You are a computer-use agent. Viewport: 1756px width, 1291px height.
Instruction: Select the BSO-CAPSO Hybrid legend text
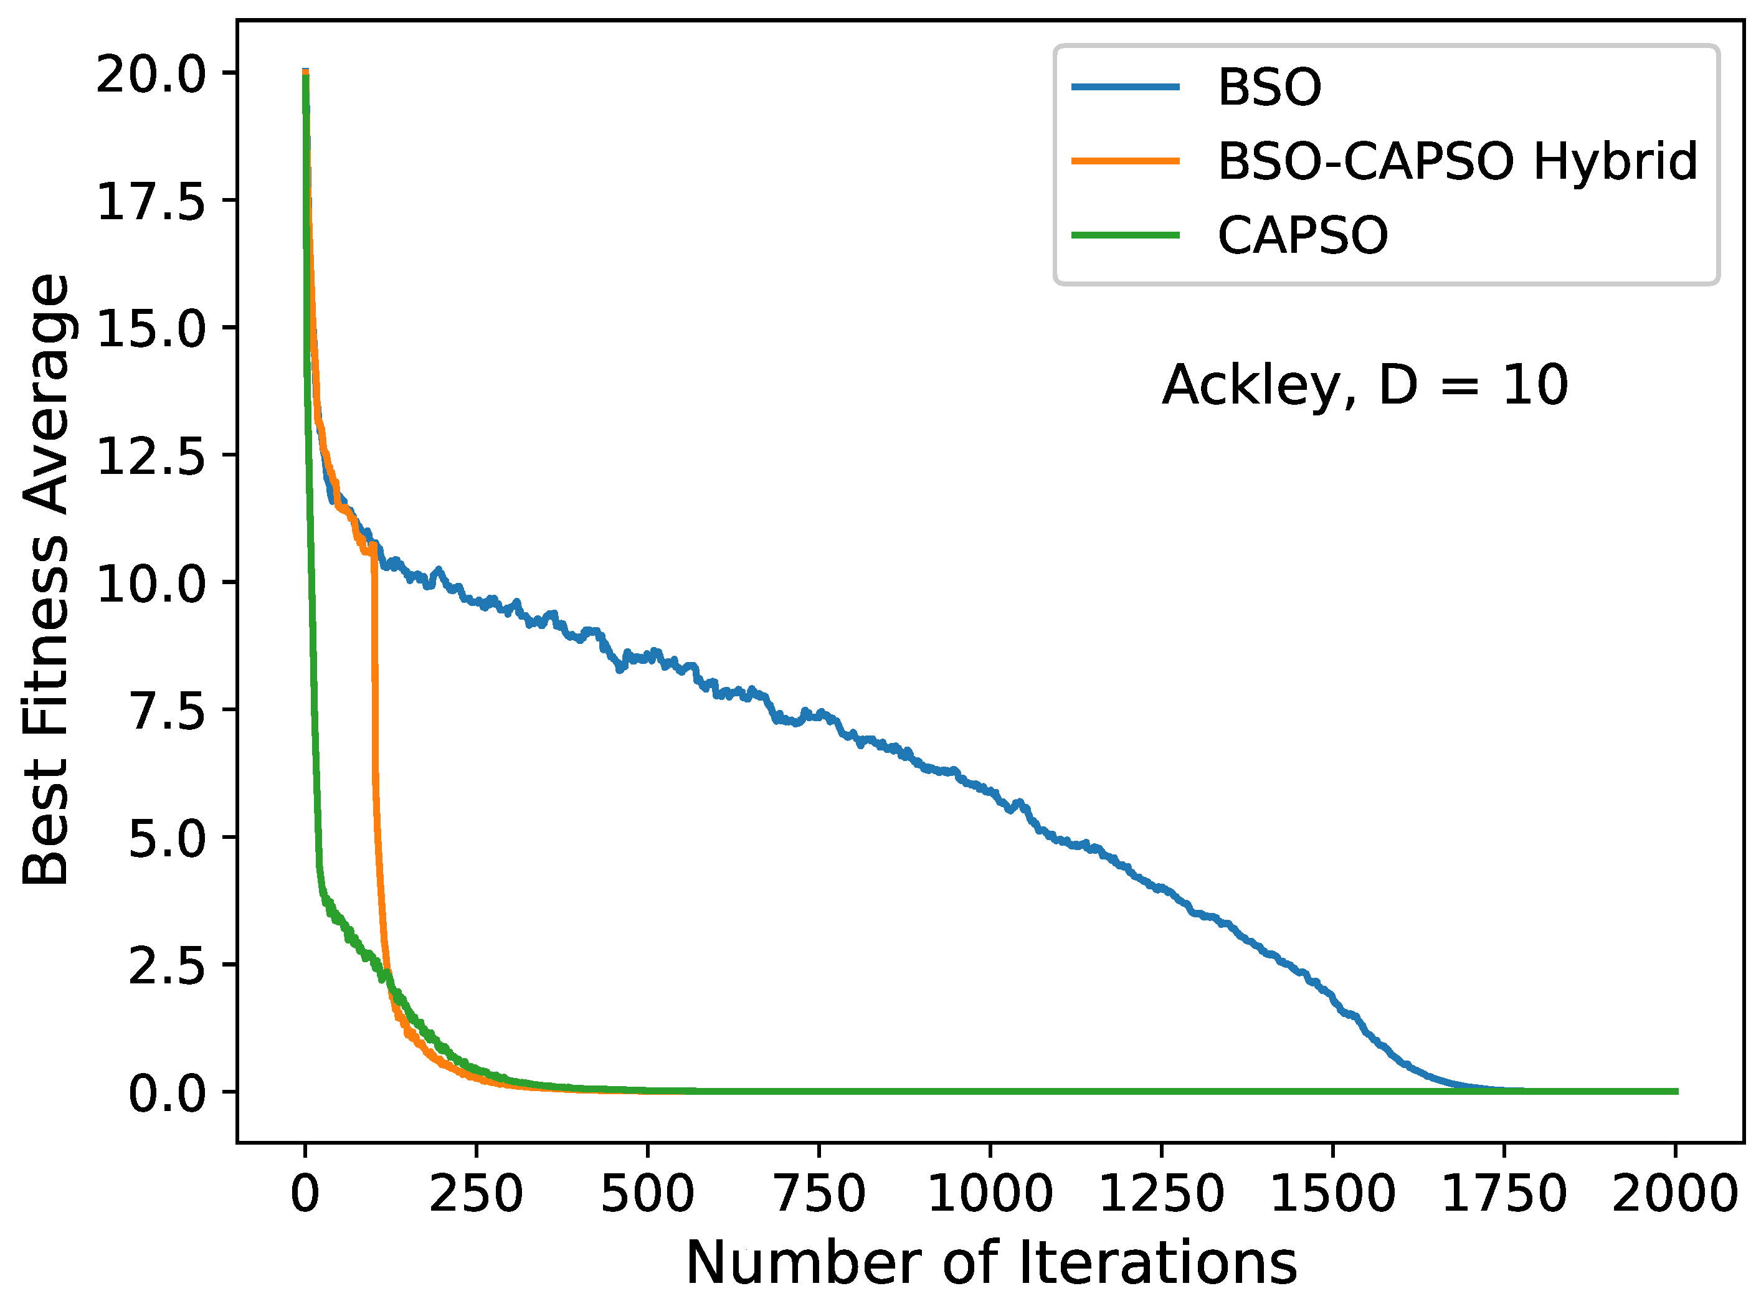[1456, 162]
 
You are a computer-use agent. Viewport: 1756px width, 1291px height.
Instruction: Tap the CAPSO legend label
[1302, 235]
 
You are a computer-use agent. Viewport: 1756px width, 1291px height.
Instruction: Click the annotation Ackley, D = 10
[1364, 385]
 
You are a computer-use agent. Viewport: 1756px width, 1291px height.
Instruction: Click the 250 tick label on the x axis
[475, 1194]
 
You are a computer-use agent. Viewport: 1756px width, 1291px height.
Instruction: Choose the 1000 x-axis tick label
[989, 1194]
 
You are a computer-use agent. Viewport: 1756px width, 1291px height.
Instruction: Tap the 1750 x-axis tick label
[1504, 1194]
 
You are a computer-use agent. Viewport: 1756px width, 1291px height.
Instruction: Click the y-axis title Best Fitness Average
[45, 580]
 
